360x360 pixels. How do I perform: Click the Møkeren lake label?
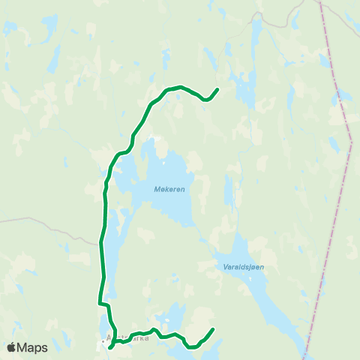[169, 190]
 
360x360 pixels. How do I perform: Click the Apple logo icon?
[12, 348]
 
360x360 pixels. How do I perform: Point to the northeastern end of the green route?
[217, 90]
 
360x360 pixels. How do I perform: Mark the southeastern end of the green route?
[213, 329]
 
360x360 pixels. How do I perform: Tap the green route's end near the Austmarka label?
[110, 348]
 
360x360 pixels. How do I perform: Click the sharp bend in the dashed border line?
[351, 141]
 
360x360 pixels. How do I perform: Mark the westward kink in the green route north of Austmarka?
[100, 304]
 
